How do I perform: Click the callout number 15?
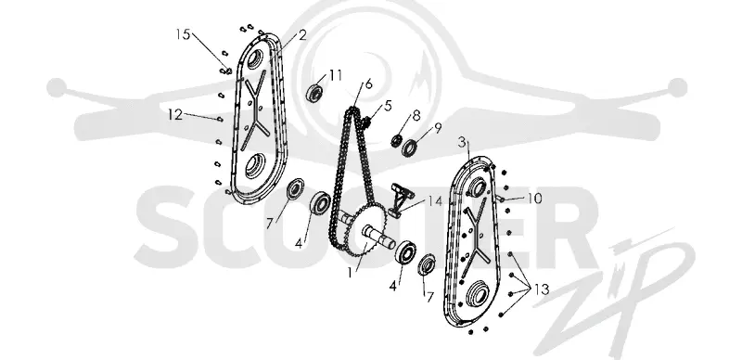point(183,34)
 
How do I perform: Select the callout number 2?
point(302,34)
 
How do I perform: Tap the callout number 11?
point(336,75)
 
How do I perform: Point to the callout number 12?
point(175,114)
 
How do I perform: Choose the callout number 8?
point(416,115)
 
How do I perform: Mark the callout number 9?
point(438,127)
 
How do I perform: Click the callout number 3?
point(462,143)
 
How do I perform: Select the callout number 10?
point(534,198)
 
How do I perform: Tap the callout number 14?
point(435,201)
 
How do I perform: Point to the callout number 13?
point(542,289)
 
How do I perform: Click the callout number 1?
point(350,273)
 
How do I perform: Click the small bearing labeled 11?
point(313,93)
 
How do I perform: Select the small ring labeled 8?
point(397,140)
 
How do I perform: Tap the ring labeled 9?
point(409,148)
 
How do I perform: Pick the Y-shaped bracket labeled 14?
point(400,199)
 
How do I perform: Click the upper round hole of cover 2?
point(254,60)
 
